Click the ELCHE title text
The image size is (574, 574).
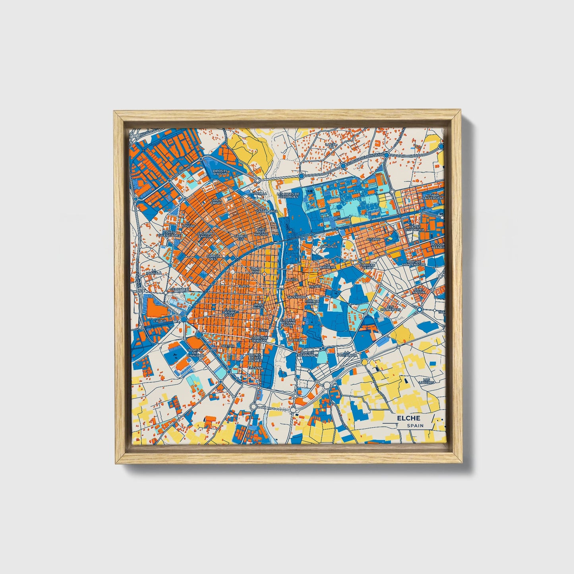coord(408,418)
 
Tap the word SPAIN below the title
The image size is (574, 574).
coord(415,425)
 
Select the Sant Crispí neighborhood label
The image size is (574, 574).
coord(216,202)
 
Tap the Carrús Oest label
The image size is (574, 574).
coord(213,257)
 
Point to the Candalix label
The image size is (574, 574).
coord(329,246)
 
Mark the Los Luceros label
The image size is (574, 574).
coord(427,381)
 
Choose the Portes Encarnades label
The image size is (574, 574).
coord(310,354)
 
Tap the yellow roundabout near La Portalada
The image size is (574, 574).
coord(364,362)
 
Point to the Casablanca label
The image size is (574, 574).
coord(267,211)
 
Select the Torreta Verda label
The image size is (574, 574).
coord(367,266)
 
